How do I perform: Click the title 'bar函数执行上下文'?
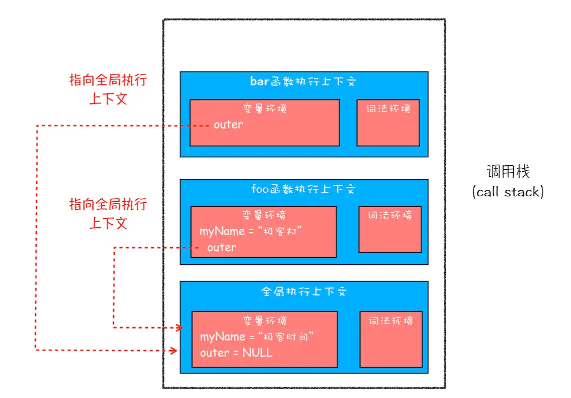click(x=303, y=81)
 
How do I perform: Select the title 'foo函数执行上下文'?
click(x=303, y=189)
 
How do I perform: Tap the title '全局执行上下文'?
click(x=303, y=292)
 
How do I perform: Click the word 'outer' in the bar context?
click(x=228, y=125)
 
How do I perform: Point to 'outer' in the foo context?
click(x=221, y=247)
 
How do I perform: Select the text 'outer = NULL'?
click(x=236, y=353)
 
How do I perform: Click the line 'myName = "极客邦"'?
click(x=252, y=231)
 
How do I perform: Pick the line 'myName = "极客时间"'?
click(x=256, y=337)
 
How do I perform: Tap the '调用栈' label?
click(x=508, y=172)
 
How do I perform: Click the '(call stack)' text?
click(x=507, y=192)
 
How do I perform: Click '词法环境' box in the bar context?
click(x=388, y=122)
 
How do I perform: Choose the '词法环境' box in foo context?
click(x=390, y=229)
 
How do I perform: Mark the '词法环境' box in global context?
click(x=391, y=339)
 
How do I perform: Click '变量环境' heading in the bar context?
click(x=264, y=108)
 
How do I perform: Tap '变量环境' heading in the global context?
click(x=264, y=321)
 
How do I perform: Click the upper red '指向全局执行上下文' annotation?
click(x=108, y=89)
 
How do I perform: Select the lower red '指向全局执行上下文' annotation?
click(x=108, y=213)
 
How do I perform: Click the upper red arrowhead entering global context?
click(x=177, y=328)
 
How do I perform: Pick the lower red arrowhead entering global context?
click(x=173, y=350)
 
